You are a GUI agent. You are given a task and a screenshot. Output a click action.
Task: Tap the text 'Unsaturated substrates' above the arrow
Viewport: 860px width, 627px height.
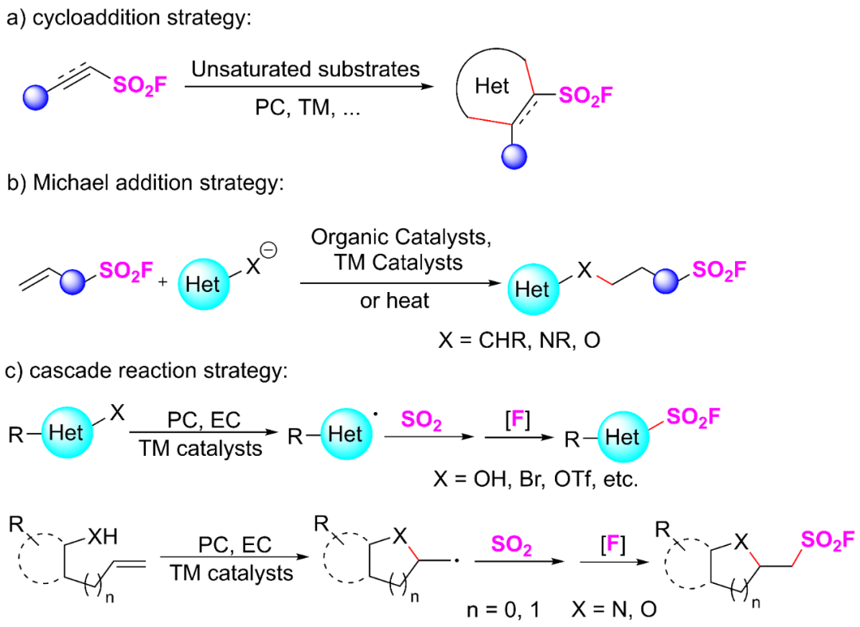point(305,69)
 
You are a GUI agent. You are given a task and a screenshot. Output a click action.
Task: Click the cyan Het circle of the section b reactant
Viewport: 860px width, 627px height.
point(202,284)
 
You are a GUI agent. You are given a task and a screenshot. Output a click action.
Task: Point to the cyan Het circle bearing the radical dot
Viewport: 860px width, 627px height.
point(346,434)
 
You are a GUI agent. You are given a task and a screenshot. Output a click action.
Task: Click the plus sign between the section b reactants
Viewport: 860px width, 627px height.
point(162,283)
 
